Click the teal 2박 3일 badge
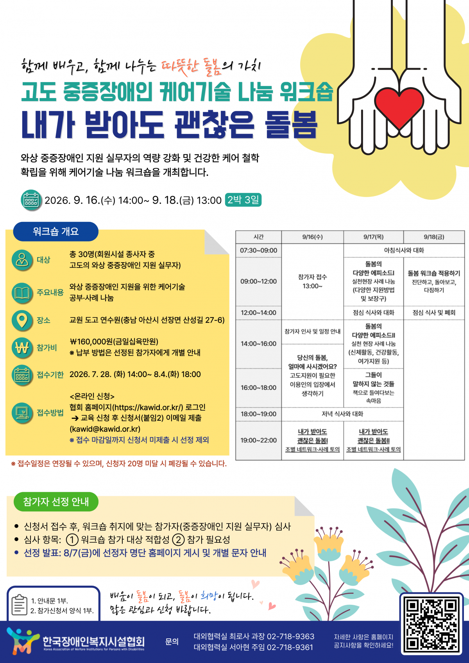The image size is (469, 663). pyautogui.click(x=243, y=200)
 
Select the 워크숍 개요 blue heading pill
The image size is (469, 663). pyautogui.click(x=55, y=231)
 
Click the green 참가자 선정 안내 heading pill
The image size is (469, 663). pyautogui.click(x=56, y=501)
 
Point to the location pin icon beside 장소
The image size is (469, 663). pyautogui.click(x=22, y=320)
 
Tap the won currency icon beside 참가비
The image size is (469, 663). pyautogui.click(x=22, y=347)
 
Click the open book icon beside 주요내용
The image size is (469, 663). pyautogui.click(x=22, y=293)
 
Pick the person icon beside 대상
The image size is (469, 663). pyautogui.click(x=22, y=260)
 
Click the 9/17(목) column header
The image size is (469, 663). pyautogui.click(x=373, y=237)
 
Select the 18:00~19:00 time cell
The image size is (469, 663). pyautogui.click(x=258, y=414)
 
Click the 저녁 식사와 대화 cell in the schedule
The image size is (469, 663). pyautogui.click(x=342, y=414)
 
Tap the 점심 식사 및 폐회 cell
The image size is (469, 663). pyautogui.click(x=434, y=313)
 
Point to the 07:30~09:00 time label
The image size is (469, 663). pyautogui.click(x=258, y=250)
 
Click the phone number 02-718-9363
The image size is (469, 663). pyautogui.click(x=290, y=636)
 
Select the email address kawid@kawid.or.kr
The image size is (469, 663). pyautogui.click(x=105, y=429)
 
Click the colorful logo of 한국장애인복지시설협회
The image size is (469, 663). pyautogui.click(x=23, y=640)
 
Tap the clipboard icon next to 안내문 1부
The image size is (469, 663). pyautogui.click(x=19, y=605)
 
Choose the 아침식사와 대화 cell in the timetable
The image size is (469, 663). pyautogui.click(x=404, y=250)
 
